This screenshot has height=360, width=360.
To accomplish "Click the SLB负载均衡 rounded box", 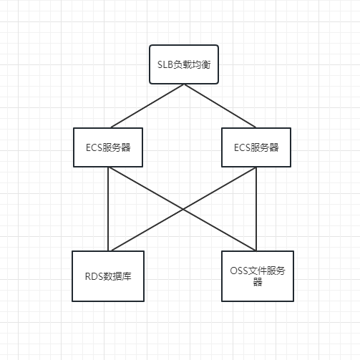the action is pos(184,64).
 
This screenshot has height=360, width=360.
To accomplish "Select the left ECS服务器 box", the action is pos(108,147).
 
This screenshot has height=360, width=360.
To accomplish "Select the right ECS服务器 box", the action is pos(256,147).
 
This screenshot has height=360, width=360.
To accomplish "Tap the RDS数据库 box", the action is pos(108,276).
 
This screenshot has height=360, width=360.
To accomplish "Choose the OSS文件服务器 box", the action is pos(258,276).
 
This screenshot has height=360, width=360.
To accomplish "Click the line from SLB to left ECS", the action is pos(147,106).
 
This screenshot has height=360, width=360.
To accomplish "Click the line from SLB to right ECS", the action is pos(220,106).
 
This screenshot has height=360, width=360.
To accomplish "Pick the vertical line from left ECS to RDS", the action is pos(108,209).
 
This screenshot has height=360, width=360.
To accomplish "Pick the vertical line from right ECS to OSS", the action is pos(256,209).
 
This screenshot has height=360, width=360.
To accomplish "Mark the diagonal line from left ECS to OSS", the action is pos(183,209).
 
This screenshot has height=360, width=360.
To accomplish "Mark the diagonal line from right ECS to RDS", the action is pos(184,209).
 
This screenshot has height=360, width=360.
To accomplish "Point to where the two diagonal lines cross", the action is pos(183,209).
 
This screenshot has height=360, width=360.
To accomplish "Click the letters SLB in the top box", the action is pos(165,64).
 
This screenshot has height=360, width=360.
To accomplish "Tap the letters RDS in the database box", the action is pos(94,276).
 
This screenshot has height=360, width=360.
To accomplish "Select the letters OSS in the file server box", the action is pos(239,271).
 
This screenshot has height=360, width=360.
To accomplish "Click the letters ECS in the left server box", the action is pos(94,147).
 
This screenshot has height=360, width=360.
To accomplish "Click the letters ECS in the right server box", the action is pos(242,147).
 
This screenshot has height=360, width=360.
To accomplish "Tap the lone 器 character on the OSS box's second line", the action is pos(258,282).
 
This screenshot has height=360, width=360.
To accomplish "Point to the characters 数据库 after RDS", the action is pos(117,276).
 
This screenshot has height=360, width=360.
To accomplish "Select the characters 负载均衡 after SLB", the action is pos(192,64).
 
